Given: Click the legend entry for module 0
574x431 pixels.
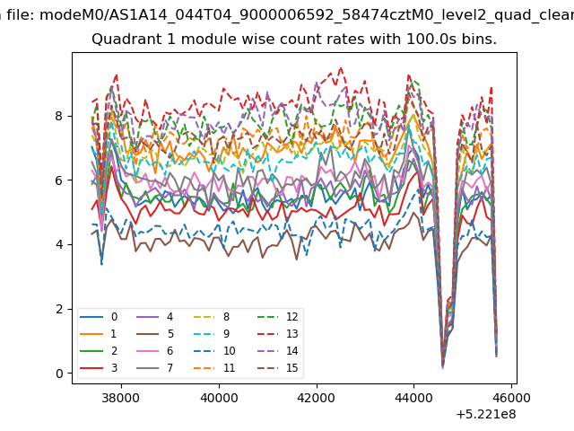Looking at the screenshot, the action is coord(99,317).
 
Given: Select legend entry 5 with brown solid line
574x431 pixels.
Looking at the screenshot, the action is coord(155,334).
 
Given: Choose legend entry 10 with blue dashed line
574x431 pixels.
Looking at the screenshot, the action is coord(214,351).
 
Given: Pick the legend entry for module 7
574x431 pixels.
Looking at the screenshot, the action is coord(155,368).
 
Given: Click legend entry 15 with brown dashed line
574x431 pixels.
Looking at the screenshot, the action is coord(278,368).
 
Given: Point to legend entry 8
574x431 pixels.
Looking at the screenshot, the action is coord(212,317).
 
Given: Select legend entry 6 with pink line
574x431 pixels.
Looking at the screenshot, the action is coord(155,351).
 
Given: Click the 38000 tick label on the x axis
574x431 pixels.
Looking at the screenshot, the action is coord(121,398).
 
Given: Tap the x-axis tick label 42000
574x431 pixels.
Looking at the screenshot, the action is coord(317,398).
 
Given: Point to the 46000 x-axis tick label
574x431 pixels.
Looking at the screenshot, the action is coord(511,398).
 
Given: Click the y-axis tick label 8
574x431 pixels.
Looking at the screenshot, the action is coord(59,116).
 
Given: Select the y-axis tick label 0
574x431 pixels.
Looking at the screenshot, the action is coord(59,374).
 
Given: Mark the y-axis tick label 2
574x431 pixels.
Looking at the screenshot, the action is coord(59,309).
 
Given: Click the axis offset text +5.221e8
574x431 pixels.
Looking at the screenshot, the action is coord(486,415).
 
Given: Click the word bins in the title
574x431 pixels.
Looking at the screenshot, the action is coord(479,40).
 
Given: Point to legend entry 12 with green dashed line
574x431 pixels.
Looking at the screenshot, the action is coord(278,317).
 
